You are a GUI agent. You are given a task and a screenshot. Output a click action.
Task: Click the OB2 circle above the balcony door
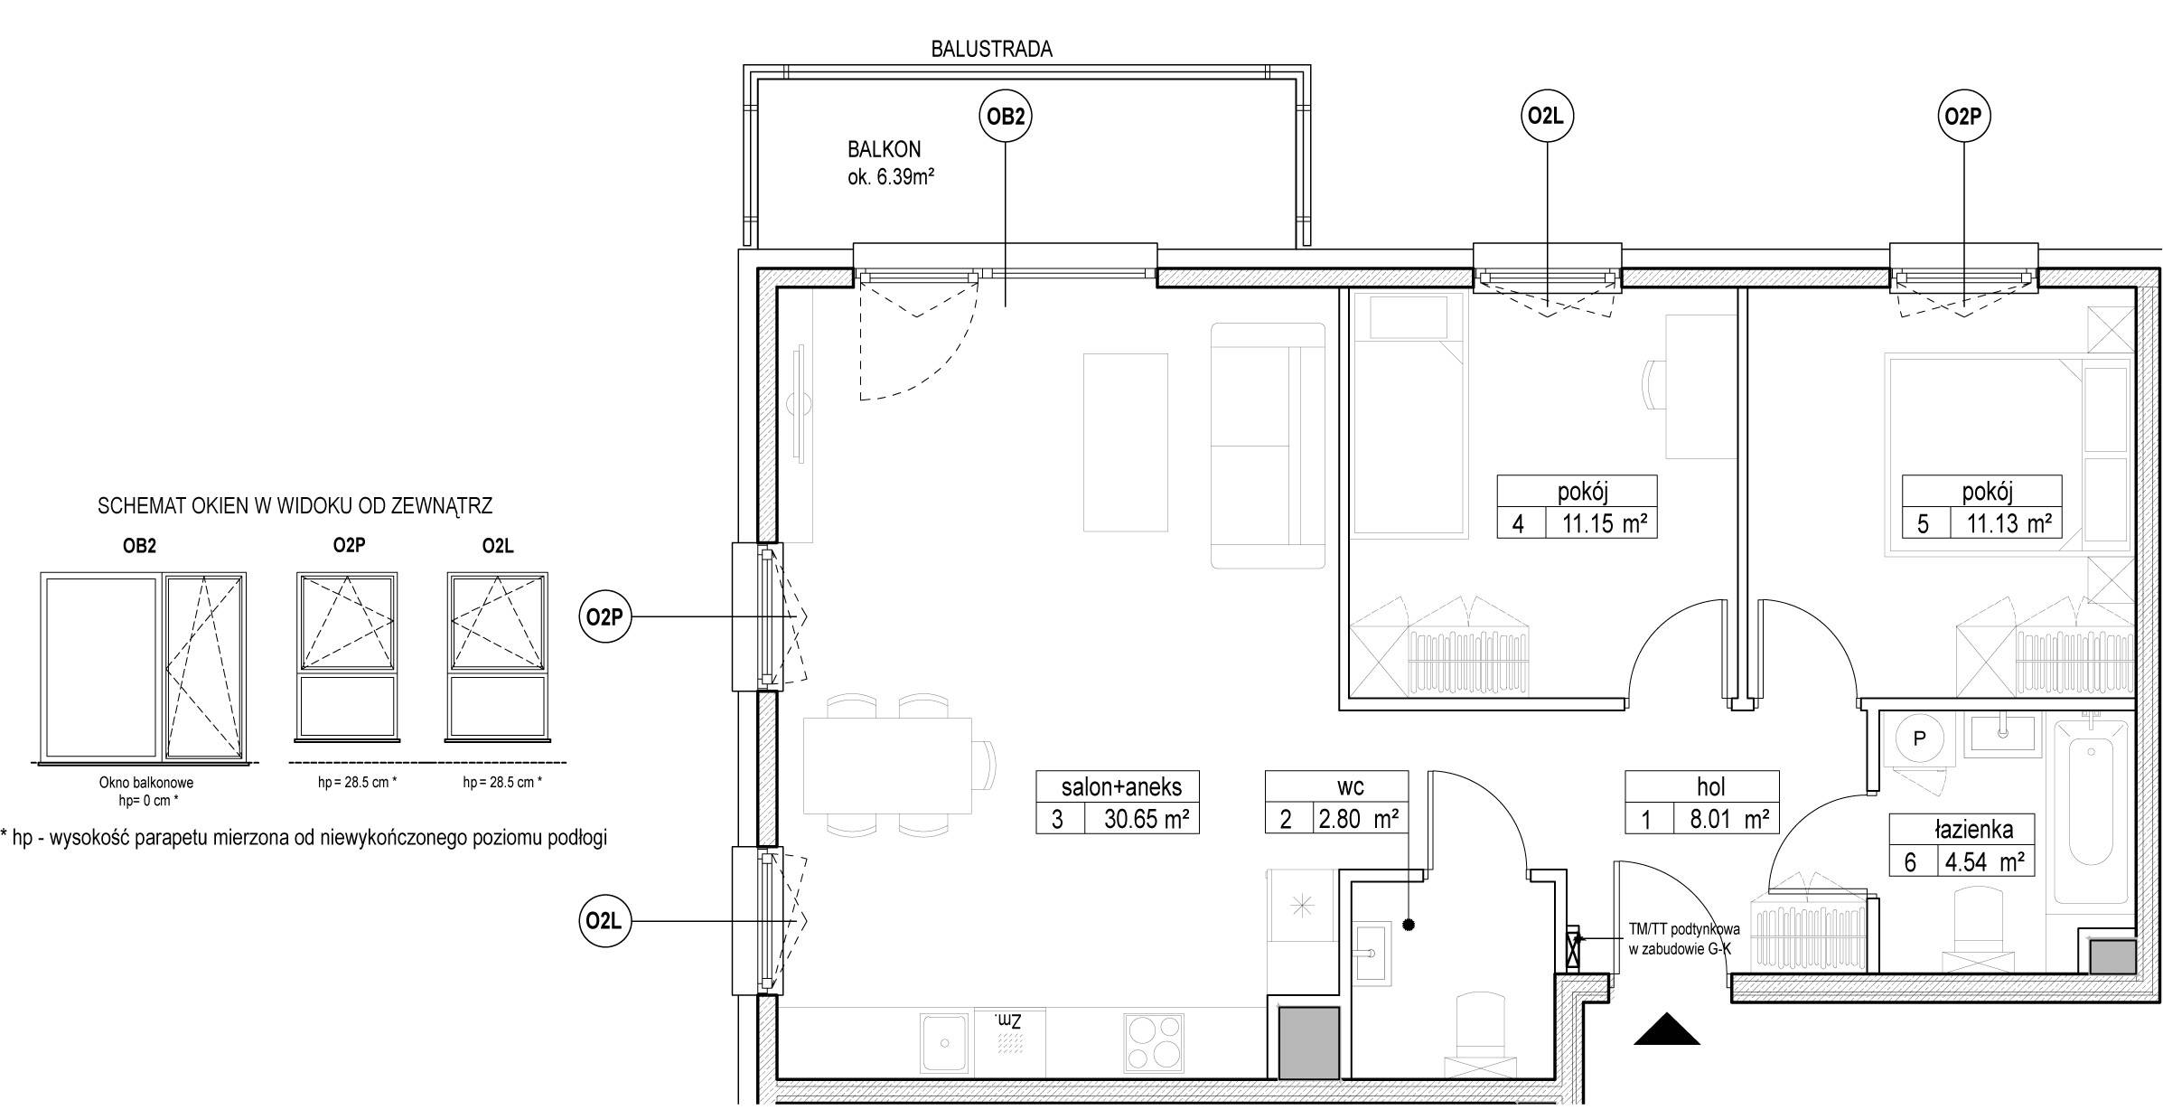1006,117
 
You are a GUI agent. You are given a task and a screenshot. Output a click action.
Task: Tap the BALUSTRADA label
991,49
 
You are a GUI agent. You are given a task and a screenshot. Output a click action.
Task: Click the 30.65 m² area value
1146,819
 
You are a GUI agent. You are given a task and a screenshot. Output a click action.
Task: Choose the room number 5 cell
1923,523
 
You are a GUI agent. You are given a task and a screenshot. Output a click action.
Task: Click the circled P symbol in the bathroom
1920,738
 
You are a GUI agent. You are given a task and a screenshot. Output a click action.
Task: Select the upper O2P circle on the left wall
604,617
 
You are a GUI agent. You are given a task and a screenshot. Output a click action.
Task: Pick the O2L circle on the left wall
604,921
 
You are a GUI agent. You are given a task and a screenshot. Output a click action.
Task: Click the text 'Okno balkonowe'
146,783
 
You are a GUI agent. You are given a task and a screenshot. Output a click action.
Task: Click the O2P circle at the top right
1964,117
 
